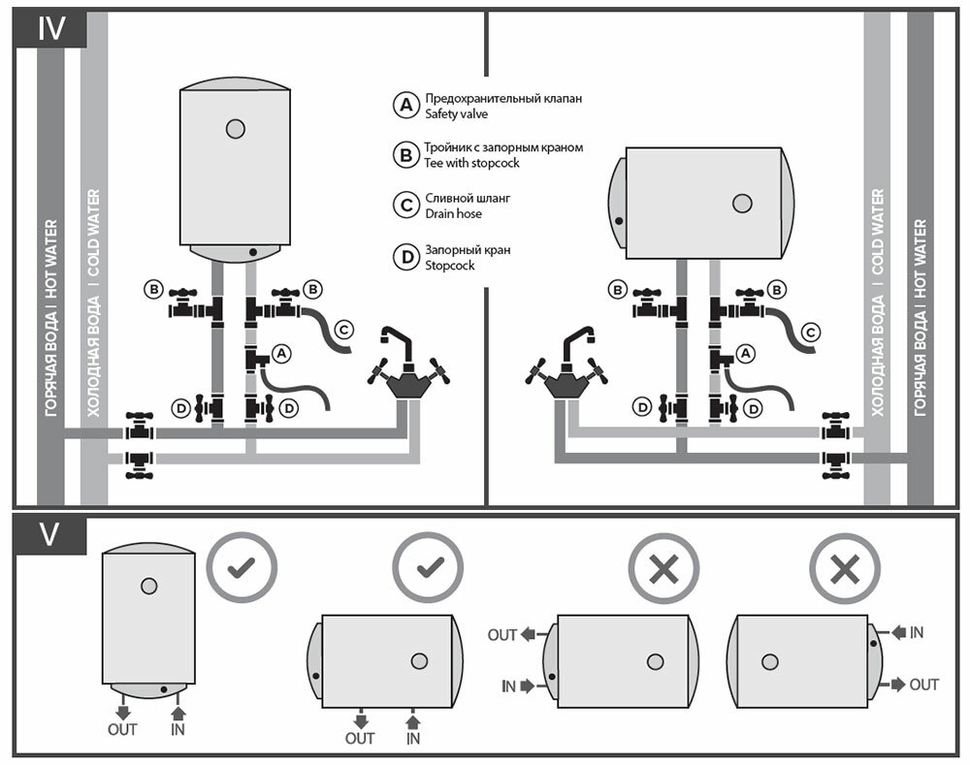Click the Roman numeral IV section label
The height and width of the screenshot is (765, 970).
point(51,28)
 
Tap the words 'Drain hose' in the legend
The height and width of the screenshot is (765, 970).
point(453,213)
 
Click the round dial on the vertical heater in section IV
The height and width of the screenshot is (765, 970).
point(234,128)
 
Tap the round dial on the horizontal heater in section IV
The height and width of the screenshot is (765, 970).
point(742,203)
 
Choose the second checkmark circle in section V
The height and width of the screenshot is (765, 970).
point(429,567)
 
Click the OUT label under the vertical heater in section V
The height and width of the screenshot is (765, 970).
point(122,729)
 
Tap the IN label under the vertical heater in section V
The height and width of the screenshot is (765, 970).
point(178,729)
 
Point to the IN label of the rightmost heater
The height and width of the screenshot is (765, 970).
point(917,633)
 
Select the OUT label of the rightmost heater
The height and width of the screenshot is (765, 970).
point(924,685)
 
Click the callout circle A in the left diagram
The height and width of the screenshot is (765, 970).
point(282,354)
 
